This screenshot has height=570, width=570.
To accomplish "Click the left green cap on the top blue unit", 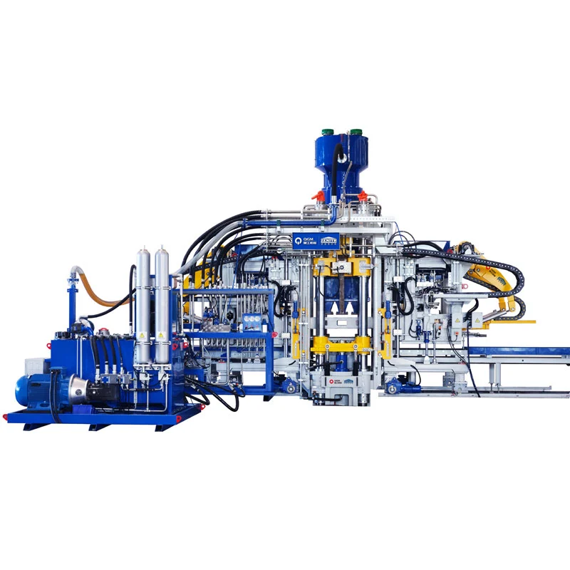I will pos(328,132).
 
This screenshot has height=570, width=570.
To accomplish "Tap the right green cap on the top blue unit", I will pos(354,132).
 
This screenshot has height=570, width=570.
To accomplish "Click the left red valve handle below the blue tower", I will pos(318,195).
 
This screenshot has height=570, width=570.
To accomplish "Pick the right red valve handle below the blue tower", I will pos(363,195).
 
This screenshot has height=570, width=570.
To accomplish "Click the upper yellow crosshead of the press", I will pos(341,266).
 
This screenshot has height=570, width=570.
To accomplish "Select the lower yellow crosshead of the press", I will pos(341,345).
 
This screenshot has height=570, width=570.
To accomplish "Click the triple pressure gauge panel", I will pos(251,321).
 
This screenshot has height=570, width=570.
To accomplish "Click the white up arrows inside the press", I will pos(341,306).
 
